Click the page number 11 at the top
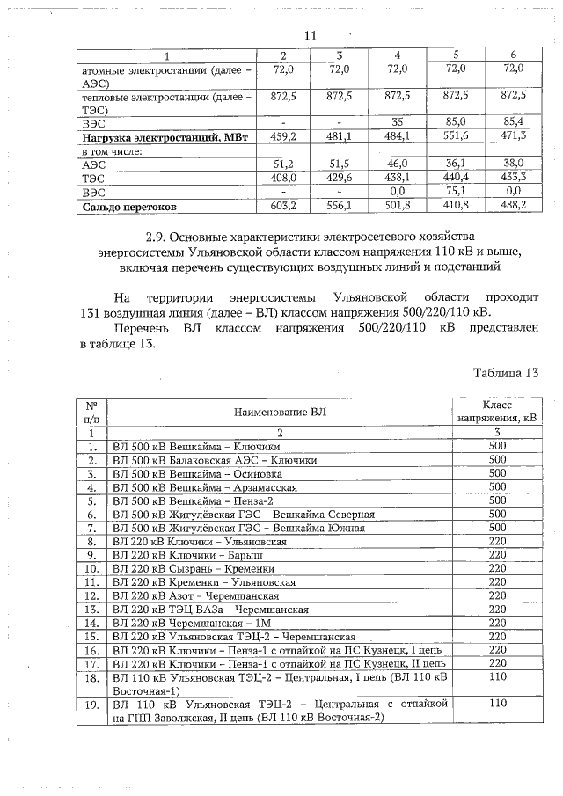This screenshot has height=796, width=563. pyautogui.click(x=309, y=36)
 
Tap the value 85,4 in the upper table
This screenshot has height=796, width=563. pyautogui.click(x=513, y=121)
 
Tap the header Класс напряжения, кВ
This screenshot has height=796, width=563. pyautogui.click(x=498, y=411)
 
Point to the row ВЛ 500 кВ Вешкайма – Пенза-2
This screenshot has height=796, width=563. pyautogui.click(x=200, y=500)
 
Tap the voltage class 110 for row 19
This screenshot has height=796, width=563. pyautogui.click(x=498, y=704)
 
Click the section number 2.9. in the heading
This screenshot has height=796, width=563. pyautogui.click(x=157, y=237)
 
